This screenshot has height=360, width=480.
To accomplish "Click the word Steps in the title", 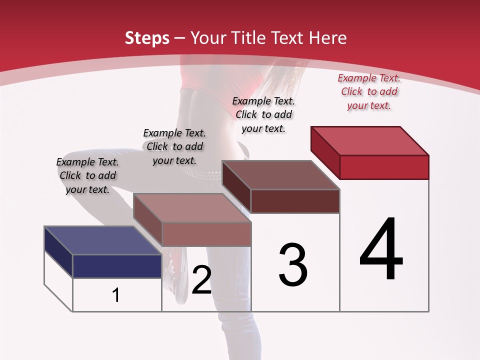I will pyautogui.click(x=147, y=38).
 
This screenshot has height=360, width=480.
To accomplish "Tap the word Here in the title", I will pyautogui.click(x=328, y=38).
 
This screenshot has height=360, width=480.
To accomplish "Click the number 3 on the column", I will pyautogui.click(x=293, y=265).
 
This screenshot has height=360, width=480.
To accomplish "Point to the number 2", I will pyautogui.click(x=201, y=280).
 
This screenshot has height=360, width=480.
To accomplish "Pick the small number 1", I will pyautogui.click(x=116, y=295).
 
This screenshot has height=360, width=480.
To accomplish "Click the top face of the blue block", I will pyautogui.click(x=103, y=240).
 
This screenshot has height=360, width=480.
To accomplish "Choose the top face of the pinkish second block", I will pyautogui.click(x=192, y=208).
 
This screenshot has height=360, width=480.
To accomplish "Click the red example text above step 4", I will pyautogui.click(x=369, y=91).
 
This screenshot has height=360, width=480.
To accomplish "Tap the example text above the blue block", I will pyautogui.click(x=87, y=175).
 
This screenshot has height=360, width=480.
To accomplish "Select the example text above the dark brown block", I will pyautogui.click(x=263, y=114).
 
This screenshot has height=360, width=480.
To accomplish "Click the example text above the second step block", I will pyautogui.click(x=174, y=146).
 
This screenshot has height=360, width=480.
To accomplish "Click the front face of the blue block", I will pyautogui.click(x=117, y=266).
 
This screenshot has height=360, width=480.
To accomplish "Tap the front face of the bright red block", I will pyautogui.click(x=384, y=167).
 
